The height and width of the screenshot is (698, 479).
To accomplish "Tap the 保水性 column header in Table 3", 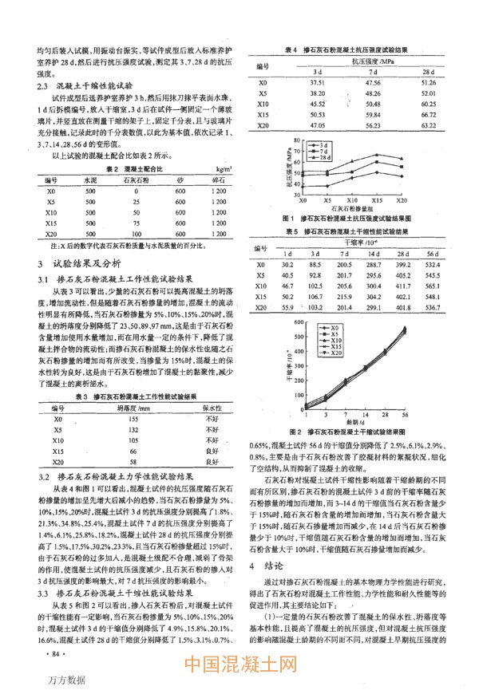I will point(212,407).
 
